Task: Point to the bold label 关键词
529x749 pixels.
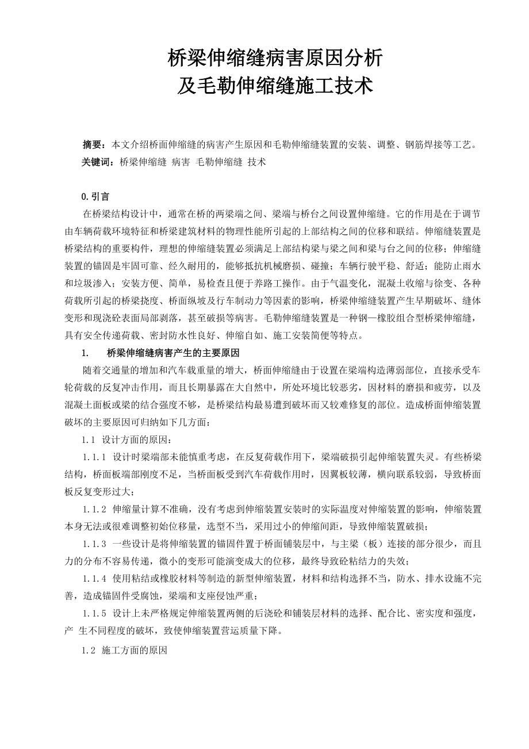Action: (x=98, y=162)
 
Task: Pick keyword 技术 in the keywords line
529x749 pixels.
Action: (x=256, y=162)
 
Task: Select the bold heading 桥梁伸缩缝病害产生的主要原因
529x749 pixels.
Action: (x=173, y=353)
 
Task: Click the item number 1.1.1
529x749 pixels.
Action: (x=94, y=458)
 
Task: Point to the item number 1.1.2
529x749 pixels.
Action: (x=94, y=510)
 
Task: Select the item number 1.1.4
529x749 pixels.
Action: (x=94, y=579)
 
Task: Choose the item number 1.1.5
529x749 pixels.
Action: (x=94, y=613)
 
